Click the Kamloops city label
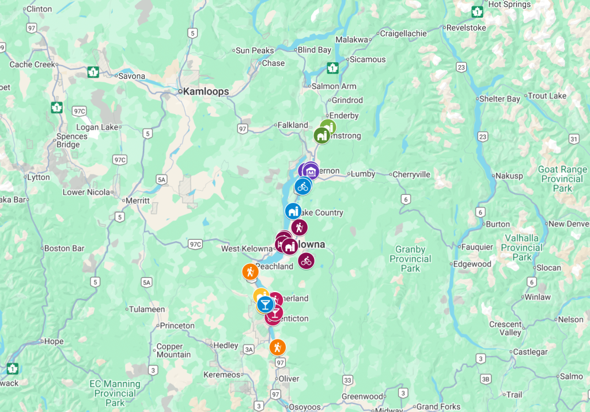click(205, 92)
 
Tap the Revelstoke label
click(466, 28)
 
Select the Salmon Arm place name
click(334, 86)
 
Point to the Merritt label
click(138, 201)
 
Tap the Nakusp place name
click(509, 175)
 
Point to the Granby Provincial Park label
click(410, 259)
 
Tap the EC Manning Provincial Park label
click(115, 393)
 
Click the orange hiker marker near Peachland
click(250, 271)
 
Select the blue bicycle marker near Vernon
click(302, 186)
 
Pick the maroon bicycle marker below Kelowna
click(307, 261)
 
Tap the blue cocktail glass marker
click(266, 304)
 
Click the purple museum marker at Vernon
click(311, 171)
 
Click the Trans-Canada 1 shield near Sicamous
click(332, 67)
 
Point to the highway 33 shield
click(347, 380)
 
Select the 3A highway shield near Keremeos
click(249, 349)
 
